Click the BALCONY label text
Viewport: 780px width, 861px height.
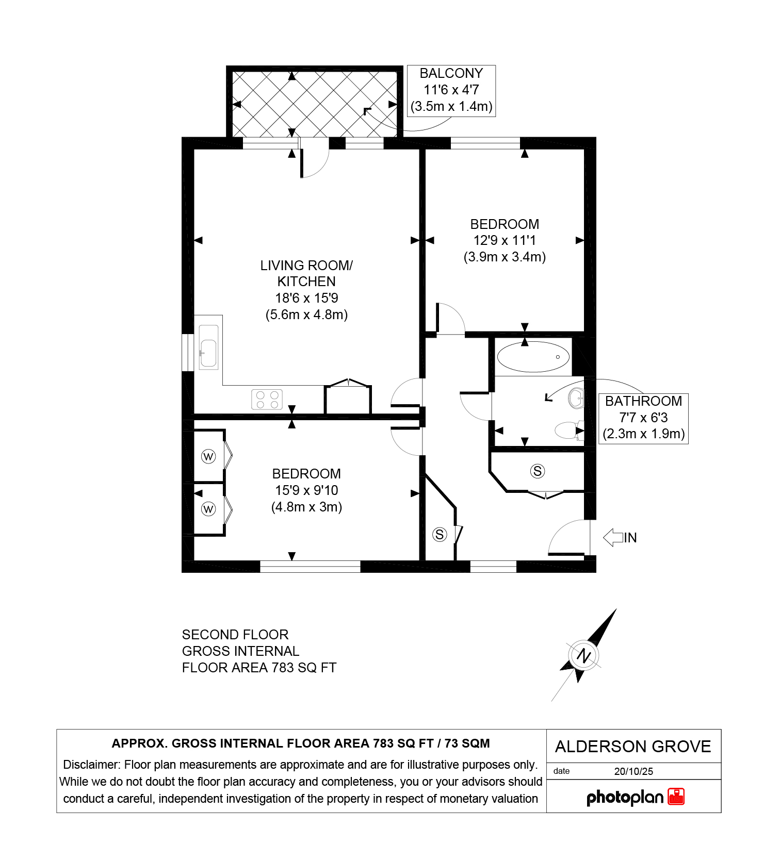coord(451,73)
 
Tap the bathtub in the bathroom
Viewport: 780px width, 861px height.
coord(533,357)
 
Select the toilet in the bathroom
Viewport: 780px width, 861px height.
coord(570,430)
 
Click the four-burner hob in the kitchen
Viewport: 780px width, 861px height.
coord(267,399)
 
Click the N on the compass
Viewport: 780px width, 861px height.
coord(583,656)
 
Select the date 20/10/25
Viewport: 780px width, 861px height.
coord(633,771)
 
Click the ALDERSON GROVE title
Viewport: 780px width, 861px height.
coord(633,747)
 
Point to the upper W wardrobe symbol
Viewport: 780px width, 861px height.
coord(208,456)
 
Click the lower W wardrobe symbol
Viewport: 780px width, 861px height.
coord(208,509)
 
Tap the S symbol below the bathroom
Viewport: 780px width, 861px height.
coord(538,471)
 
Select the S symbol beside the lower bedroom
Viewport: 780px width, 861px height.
coord(440,534)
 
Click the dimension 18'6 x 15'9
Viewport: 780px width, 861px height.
coord(306,298)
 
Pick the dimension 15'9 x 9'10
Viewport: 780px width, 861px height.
coord(306,490)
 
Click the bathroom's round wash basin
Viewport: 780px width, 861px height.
coord(576,398)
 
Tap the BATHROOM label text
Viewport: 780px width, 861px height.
coord(643,401)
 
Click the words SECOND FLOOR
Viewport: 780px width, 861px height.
coord(235,635)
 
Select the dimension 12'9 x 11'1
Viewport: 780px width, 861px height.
coord(505,240)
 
